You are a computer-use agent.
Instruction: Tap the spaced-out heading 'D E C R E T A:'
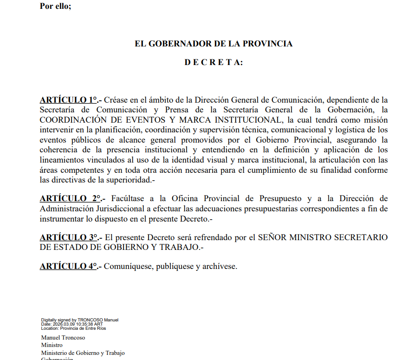pos(213,62)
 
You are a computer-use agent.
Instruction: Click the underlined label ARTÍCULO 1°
pos(69,100)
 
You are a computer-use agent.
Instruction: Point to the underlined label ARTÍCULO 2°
pos(69,199)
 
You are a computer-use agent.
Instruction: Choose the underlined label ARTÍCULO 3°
pos(69,237)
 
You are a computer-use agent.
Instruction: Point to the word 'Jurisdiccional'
pos(111,209)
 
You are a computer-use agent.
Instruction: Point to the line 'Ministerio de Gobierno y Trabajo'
pos(83,353)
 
